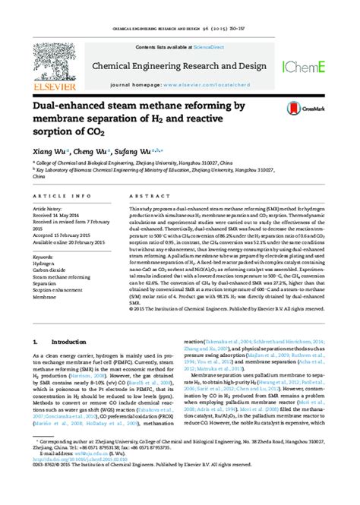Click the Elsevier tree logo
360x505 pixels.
pos(51,64)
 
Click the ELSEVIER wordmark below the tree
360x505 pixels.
pos(51,87)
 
